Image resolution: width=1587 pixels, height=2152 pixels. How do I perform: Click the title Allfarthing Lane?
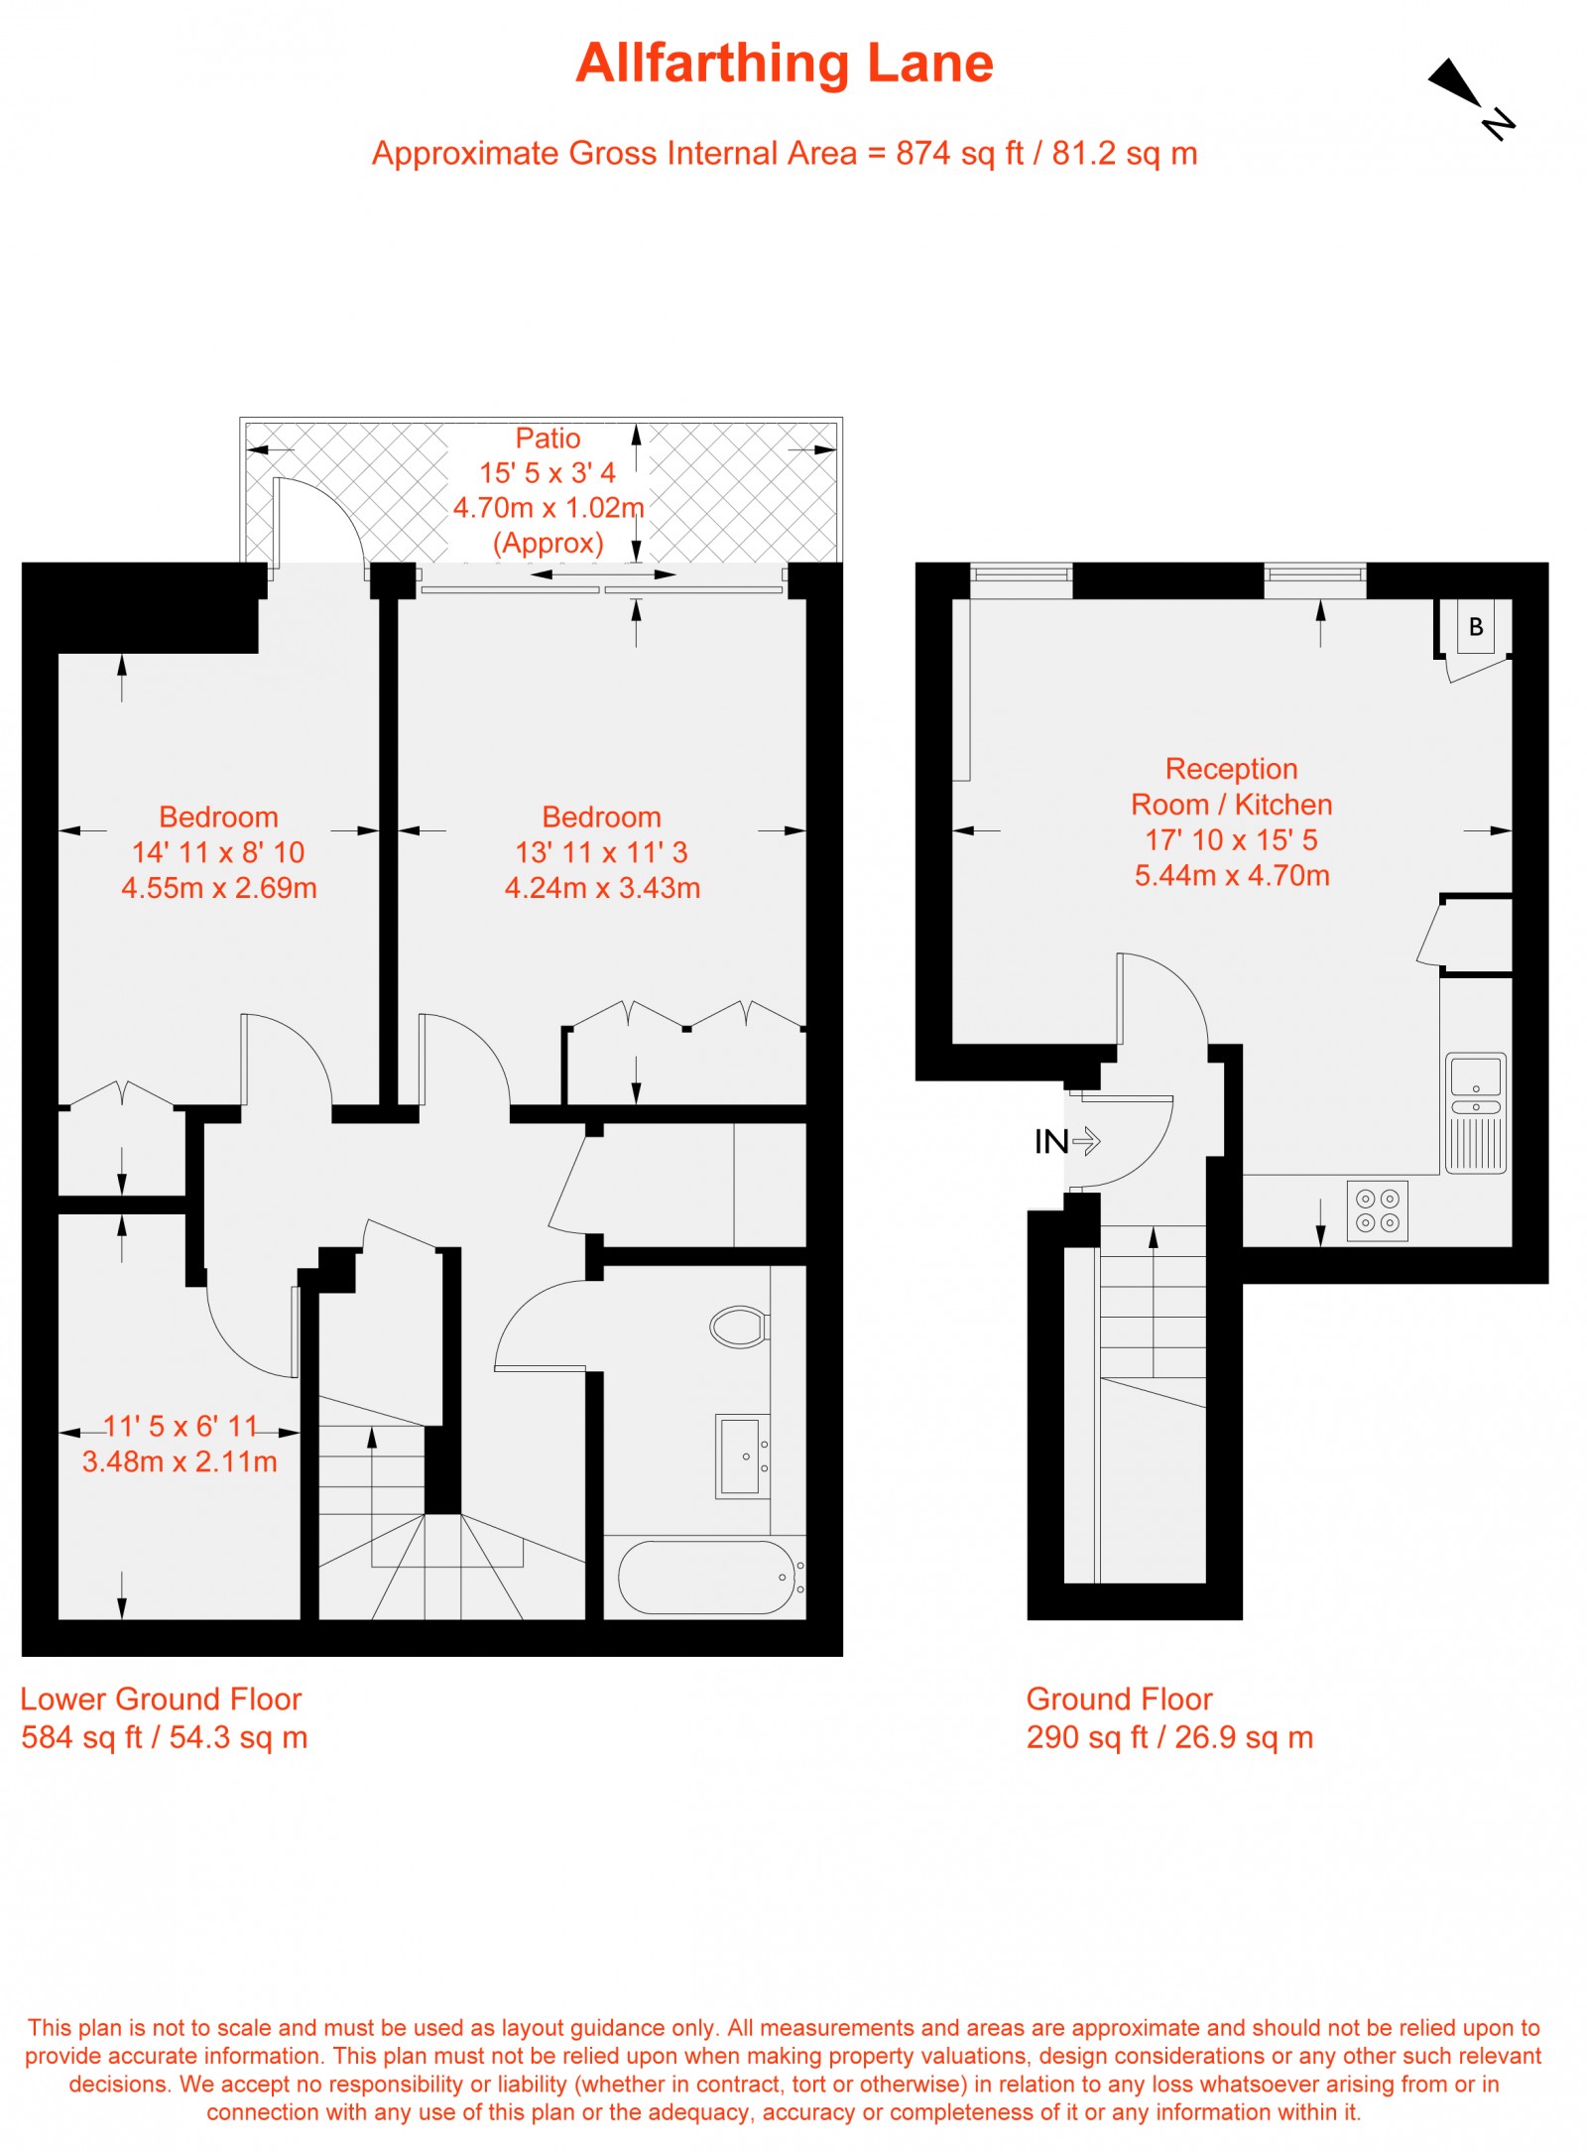(x=785, y=63)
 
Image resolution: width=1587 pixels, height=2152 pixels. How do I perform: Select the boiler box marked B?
(x=1475, y=626)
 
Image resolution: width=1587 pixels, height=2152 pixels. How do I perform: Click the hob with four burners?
(x=1378, y=1209)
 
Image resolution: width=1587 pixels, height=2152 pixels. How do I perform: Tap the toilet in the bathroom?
(x=740, y=1327)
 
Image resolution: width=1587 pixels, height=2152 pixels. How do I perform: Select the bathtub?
(x=710, y=1578)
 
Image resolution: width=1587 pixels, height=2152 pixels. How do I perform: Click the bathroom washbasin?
(x=743, y=1456)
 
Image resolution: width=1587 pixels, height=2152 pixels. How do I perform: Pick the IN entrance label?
(x=1050, y=1142)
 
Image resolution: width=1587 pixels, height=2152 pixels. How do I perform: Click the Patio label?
(x=548, y=439)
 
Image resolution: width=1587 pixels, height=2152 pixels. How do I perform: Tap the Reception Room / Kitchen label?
(x=1231, y=786)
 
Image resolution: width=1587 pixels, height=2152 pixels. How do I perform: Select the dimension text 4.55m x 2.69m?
(x=219, y=888)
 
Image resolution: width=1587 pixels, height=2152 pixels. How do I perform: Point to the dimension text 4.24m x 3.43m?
(x=602, y=888)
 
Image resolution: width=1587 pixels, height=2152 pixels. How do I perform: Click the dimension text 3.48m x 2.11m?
(x=180, y=1461)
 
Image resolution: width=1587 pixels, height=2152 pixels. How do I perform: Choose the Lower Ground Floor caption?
(x=161, y=1699)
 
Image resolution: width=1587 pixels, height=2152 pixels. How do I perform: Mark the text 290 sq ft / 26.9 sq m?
(x=1169, y=1737)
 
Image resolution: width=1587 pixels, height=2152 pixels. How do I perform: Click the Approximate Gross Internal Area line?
(x=785, y=154)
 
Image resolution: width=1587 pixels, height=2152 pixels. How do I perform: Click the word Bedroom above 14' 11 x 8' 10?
(x=218, y=817)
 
